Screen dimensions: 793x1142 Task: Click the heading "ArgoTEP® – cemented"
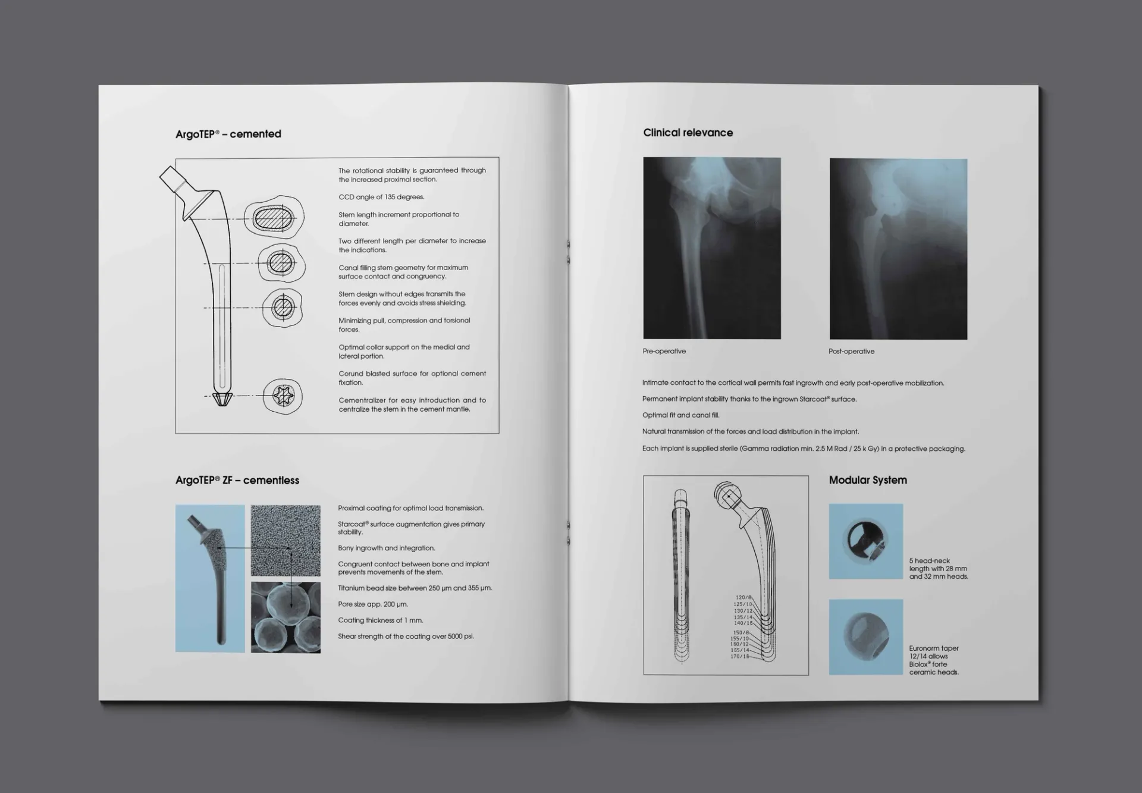click(228, 134)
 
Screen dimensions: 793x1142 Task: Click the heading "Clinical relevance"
click(688, 133)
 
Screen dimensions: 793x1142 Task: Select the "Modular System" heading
click(867, 480)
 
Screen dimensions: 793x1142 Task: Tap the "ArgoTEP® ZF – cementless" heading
click(237, 480)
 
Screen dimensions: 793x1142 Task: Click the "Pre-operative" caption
click(664, 351)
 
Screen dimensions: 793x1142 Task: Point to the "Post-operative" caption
click(851, 352)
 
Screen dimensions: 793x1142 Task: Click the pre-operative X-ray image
click(711, 248)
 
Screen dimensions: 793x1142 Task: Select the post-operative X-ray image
click(898, 249)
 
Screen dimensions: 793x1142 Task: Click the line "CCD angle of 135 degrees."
click(381, 197)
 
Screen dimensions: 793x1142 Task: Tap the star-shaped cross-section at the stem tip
click(283, 396)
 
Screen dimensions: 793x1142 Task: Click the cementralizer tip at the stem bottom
click(222, 399)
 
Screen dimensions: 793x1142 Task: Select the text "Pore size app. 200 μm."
click(372, 604)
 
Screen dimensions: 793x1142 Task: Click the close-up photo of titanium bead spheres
click(285, 618)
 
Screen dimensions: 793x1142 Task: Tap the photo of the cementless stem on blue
click(210, 578)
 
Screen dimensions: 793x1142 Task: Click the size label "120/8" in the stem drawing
click(743, 597)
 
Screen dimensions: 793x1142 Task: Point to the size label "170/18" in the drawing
click(740, 656)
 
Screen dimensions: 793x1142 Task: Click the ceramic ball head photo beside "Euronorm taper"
click(865, 637)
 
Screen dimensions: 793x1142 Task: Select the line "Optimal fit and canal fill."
click(680, 415)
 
